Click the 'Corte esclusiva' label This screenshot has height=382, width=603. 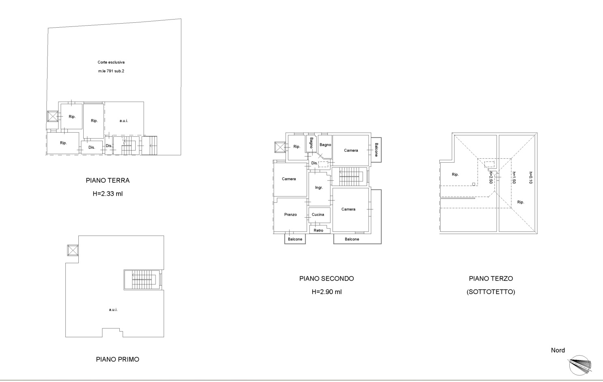click(111, 62)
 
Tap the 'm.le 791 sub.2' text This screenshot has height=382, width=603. click(111, 71)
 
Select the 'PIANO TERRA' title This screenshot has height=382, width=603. click(108, 181)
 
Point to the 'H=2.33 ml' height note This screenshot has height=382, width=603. click(108, 194)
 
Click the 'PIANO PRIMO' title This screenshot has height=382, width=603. click(118, 359)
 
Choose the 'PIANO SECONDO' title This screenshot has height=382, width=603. click(326, 278)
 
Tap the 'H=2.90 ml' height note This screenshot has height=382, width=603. click(326, 292)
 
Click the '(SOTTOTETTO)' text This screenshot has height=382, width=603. click(491, 292)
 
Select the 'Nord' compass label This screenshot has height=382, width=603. click(558, 350)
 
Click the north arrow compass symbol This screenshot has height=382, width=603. click(580, 366)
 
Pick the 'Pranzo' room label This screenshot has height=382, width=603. click(290, 215)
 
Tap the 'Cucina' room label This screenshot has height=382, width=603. click(318, 215)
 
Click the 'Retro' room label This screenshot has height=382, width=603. click(318, 231)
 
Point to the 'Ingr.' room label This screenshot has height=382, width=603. click(319, 188)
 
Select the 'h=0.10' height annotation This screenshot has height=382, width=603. click(531, 178)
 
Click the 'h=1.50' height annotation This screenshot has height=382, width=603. click(514, 178)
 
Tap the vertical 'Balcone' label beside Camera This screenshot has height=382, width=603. click(376, 150)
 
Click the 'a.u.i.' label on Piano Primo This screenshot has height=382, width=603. click(113, 310)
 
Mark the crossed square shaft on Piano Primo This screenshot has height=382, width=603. click(73, 250)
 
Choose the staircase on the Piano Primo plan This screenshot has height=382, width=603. click(143, 280)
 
